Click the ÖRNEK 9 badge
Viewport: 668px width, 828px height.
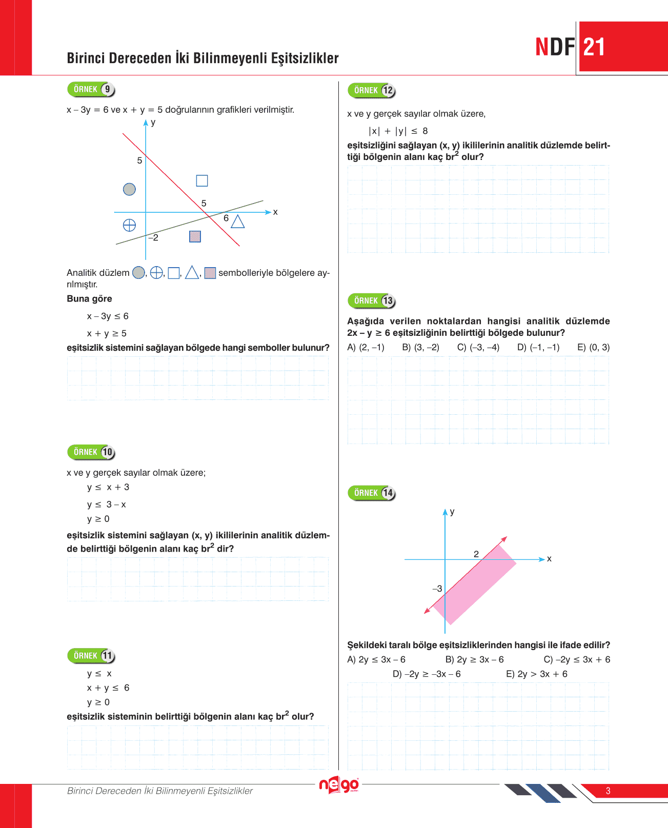91,89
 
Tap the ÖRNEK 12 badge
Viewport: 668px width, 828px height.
372,90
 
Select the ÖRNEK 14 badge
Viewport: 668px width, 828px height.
372,493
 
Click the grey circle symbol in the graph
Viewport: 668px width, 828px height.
129,189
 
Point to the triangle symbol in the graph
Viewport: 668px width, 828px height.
237,221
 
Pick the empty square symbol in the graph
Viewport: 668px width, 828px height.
202,180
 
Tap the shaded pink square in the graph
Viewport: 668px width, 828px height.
195,236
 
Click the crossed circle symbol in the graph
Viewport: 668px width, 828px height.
129,225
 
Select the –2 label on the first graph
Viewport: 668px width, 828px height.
153,238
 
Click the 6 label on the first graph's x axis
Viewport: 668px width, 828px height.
226,218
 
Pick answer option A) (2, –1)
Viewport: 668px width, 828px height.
366,347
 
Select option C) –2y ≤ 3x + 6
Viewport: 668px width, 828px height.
577,659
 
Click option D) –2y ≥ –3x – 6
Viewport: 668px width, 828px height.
427,674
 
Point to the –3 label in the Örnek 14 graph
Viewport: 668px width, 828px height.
437,589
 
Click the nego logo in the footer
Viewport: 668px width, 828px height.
339,785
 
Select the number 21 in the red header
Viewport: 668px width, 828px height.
594,47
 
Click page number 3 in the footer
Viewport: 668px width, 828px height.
608,791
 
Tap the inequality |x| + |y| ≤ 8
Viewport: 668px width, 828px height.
398,131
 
